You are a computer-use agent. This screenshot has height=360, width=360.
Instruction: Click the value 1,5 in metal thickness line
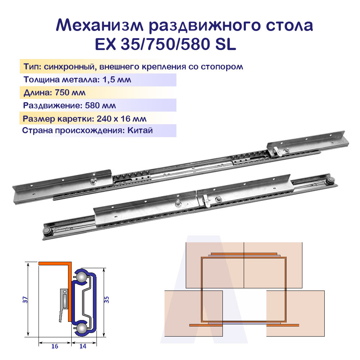pyautogui.click(x=105, y=80)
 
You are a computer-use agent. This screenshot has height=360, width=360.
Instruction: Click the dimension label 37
pyautogui.click(x=25, y=300)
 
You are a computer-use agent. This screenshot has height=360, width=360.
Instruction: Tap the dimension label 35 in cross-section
pyautogui.click(x=106, y=300)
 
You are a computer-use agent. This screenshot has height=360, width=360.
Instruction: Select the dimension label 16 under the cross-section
pyautogui.click(x=55, y=346)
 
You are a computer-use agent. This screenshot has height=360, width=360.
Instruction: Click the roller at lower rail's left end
pyautogui.click(x=47, y=231)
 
